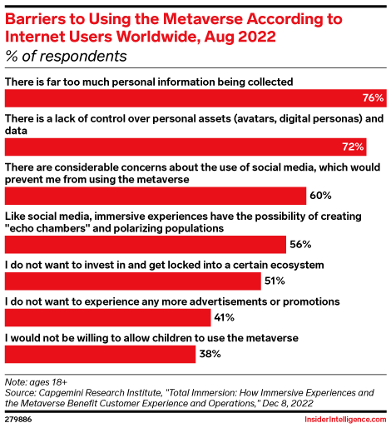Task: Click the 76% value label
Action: [373, 98]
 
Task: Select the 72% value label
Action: [354, 147]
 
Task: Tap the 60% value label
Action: [320, 196]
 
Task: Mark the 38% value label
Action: [209, 354]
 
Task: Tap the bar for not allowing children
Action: [100, 354]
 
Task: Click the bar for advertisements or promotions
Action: [107, 317]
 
